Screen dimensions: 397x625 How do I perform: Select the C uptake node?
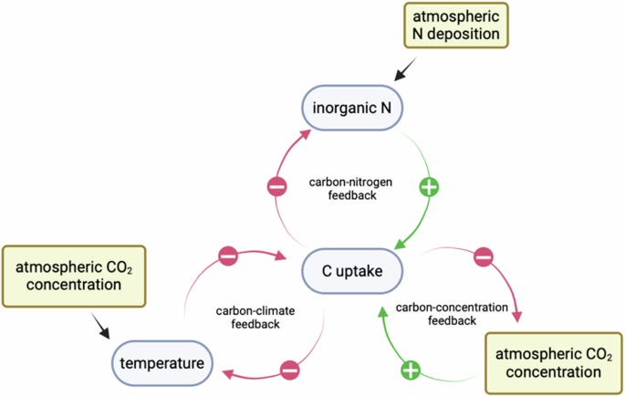351,272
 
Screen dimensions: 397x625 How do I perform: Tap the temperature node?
162,363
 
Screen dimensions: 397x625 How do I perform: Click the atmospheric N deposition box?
454,25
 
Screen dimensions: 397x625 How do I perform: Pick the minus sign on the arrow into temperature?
289,371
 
